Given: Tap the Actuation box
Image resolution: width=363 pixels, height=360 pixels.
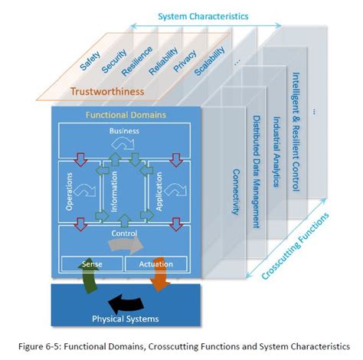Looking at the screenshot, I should pos(157,264).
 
